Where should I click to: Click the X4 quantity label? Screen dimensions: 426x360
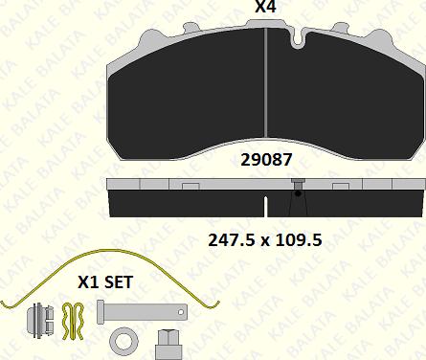[x=265, y=7]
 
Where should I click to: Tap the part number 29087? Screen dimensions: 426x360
[x=266, y=160]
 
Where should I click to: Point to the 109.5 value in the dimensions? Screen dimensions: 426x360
[x=299, y=240]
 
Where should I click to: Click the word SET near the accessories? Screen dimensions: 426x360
[x=119, y=282]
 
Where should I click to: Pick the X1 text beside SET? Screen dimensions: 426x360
[x=88, y=282]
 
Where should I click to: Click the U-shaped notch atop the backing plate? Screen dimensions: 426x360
[x=298, y=40]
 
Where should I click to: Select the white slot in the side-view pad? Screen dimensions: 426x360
[x=265, y=208]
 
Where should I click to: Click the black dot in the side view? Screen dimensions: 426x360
[x=298, y=193]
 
